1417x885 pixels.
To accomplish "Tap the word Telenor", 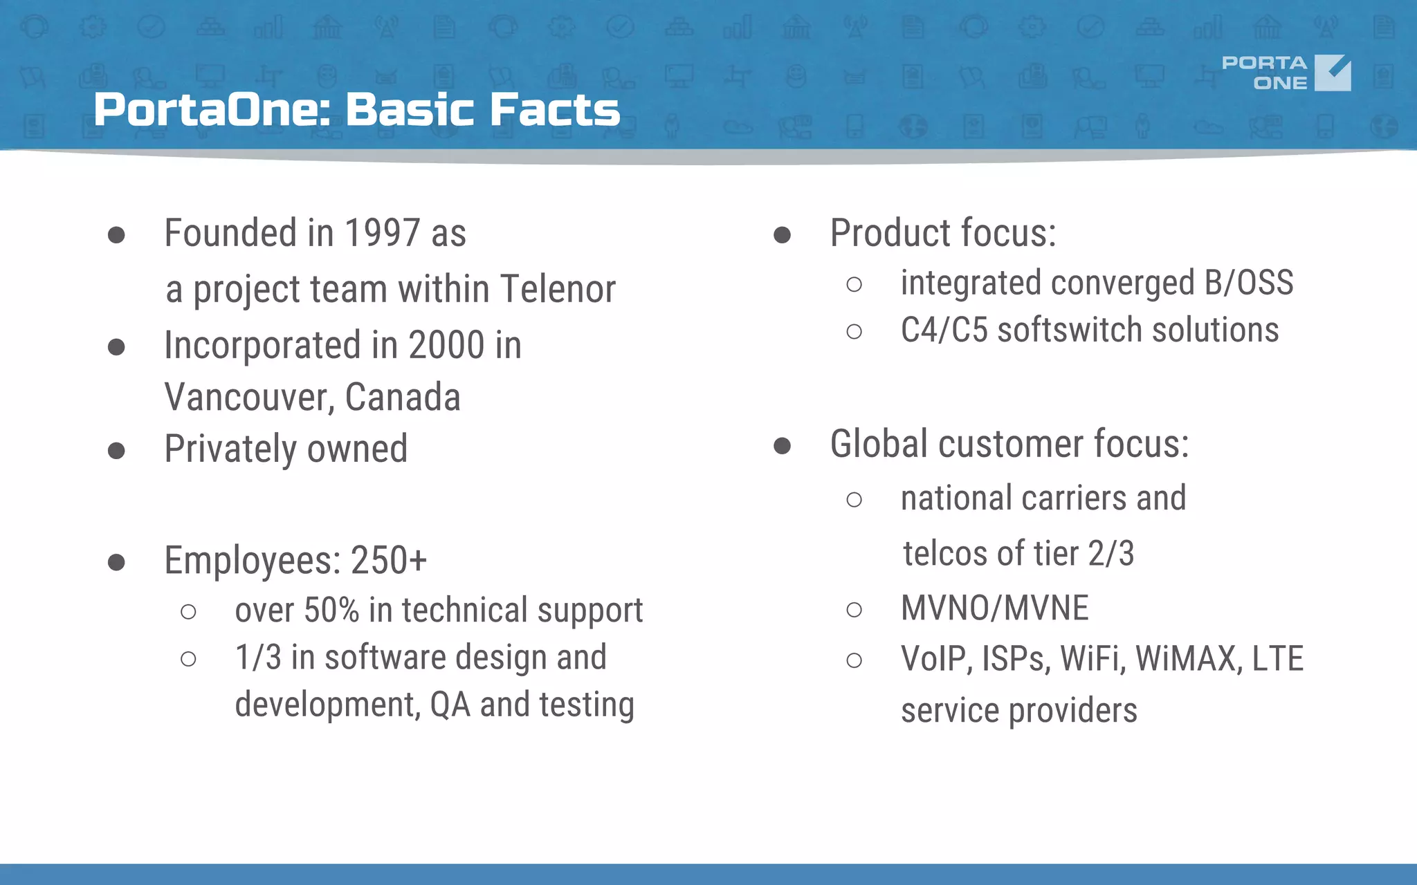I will tap(557, 289).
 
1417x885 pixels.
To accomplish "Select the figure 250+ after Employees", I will tap(389, 561).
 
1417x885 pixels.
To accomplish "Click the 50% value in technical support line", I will tap(331, 611).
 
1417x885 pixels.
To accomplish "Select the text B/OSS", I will tap(1248, 283).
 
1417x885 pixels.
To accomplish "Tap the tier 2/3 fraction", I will tap(1111, 554).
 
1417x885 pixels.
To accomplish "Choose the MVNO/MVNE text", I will tap(994, 608).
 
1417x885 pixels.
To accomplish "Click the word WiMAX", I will tap(1185, 658).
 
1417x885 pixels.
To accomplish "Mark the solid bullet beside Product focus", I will tap(782, 235).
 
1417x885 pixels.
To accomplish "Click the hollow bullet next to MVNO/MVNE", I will tap(854, 610).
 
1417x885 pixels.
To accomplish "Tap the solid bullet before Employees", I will tap(116, 562).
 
